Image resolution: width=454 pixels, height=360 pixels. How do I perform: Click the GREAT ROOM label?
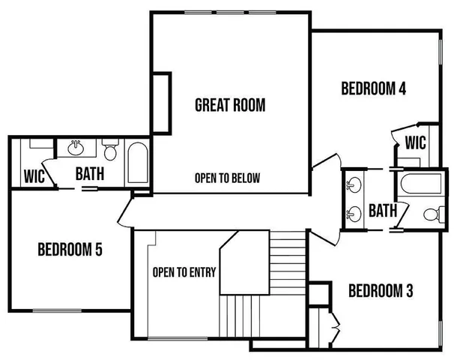click(x=230, y=105)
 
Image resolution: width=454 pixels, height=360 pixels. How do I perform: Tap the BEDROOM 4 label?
click(x=373, y=88)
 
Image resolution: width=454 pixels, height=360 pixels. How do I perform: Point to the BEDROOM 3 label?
click(x=381, y=290)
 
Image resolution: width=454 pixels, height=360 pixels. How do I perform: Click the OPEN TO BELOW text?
click(x=227, y=178)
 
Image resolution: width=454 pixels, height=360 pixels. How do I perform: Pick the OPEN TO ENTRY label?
click(x=180, y=271)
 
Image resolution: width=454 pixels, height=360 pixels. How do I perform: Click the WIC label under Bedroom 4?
click(x=416, y=142)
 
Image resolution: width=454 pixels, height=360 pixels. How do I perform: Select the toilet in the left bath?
click(x=111, y=152)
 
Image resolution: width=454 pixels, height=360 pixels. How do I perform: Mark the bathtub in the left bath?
click(x=137, y=164)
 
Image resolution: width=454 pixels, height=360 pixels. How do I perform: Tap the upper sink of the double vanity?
click(x=352, y=184)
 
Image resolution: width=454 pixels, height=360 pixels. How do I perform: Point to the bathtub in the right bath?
click(x=422, y=185)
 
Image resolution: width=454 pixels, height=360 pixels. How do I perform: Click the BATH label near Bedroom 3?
click(x=382, y=211)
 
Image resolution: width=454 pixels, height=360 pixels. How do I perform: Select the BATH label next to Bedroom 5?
click(x=89, y=174)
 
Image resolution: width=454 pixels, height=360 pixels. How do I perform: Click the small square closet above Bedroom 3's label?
click(x=320, y=292)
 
